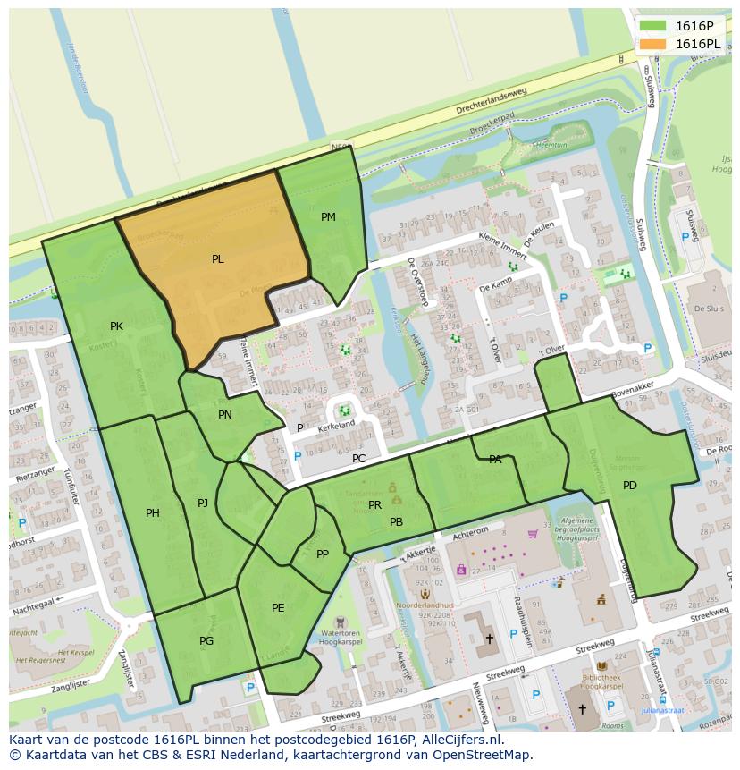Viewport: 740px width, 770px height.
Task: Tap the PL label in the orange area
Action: point(217,259)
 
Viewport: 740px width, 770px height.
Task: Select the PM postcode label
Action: point(328,217)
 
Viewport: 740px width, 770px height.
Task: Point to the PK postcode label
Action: point(116,326)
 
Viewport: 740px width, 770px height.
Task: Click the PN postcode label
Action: point(225,415)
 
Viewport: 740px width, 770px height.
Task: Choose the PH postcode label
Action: point(153,513)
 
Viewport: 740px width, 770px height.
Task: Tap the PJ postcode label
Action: point(203,503)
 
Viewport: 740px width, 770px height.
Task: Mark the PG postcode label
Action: point(206,641)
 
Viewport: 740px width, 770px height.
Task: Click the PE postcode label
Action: point(278,608)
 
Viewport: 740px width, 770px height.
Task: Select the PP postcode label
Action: point(323,554)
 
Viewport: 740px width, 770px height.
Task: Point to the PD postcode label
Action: point(630,486)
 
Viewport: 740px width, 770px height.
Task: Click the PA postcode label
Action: point(495,460)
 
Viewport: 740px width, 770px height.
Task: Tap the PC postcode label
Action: point(358,459)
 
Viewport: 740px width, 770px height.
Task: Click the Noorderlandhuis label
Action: point(426,605)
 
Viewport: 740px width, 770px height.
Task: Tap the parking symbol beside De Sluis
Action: point(685,238)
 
